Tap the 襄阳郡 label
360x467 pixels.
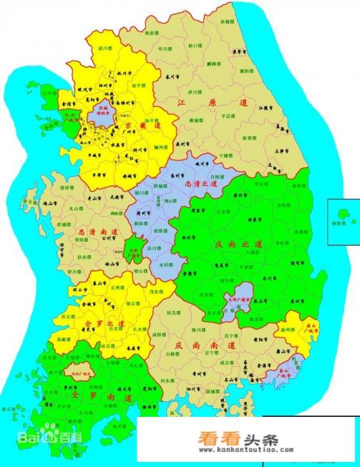pos(245,70)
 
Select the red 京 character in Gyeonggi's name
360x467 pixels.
pos(132,125)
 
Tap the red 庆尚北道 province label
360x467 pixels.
pos(239,244)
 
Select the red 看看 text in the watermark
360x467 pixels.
pos(210,441)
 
